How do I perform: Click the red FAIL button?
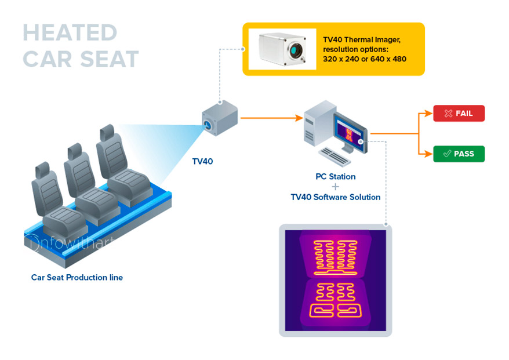pyautogui.click(x=459, y=114)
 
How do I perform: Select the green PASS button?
pyautogui.click(x=459, y=154)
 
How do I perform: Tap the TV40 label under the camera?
pyautogui.click(x=202, y=161)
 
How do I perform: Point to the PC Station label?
pyautogui.click(x=335, y=177)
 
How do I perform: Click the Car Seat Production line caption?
pyautogui.click(x=77, y=278)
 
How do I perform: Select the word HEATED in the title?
pyautogui.click(x=70, y=33)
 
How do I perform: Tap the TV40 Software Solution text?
pyautogui.click(x=335, y=197)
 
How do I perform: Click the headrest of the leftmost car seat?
pyautogui.click(x=42, y=171)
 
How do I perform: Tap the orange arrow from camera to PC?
pyautogui.click(x=272, y=118)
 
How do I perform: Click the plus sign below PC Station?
pyautogui.click(x=335, y=187)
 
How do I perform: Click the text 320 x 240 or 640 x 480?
pyautogui.click(x=364, y=59)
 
